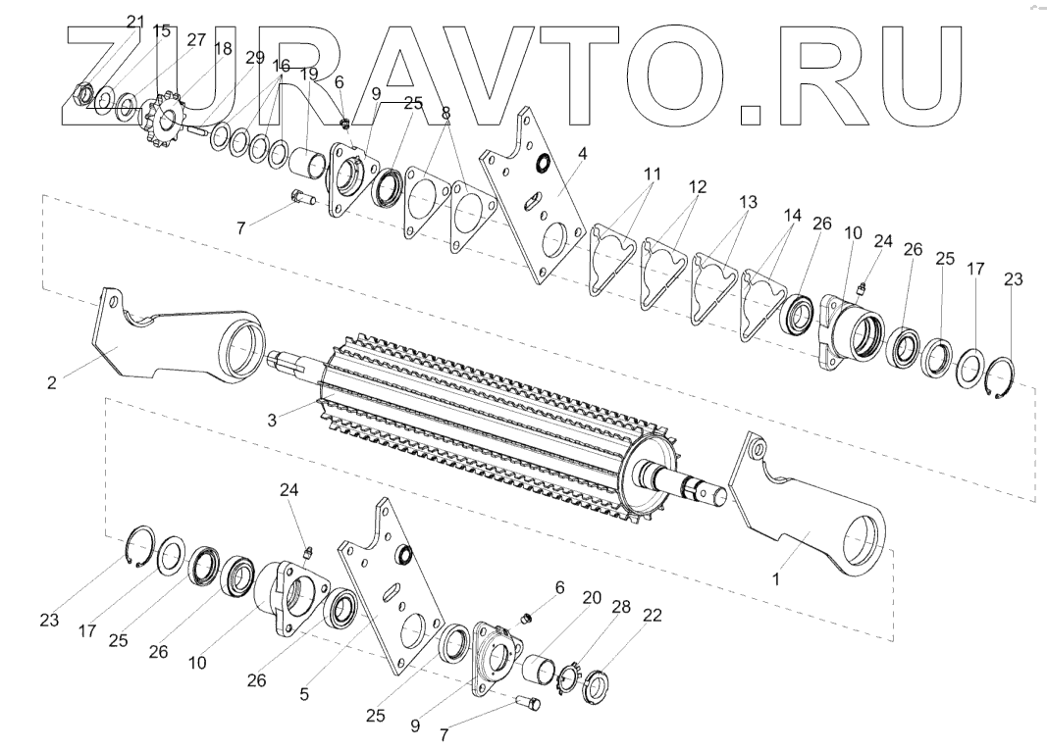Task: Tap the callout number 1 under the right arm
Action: click(776, 578)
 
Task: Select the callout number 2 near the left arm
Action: click(51, 383)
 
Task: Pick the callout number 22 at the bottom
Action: click(652, 616)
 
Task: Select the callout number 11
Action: click(651, 175)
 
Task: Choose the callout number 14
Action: click(792, 214)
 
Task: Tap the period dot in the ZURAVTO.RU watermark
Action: click(750, 109)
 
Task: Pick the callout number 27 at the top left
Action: click(196, 39)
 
